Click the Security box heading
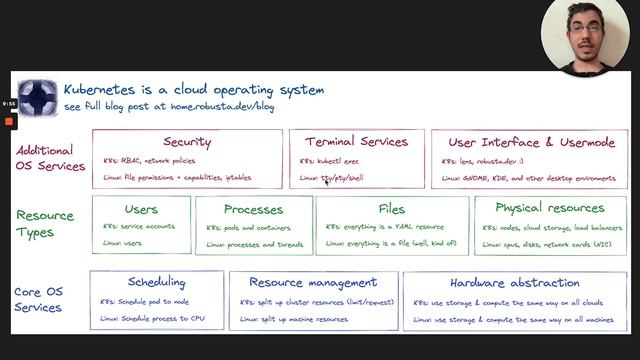coord(187,143)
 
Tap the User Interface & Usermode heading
coord(532,143)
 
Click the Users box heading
coord(141,209)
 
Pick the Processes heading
coord(254,209)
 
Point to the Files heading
coord(392,209)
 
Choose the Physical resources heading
coord(549,208)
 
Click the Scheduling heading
coord(157,282)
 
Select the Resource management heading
coord(313,283)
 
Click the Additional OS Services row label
coord(50,158)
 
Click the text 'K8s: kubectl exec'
coord(331,161)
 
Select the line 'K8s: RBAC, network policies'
coord(149,160)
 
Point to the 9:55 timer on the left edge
coord(9,104)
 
